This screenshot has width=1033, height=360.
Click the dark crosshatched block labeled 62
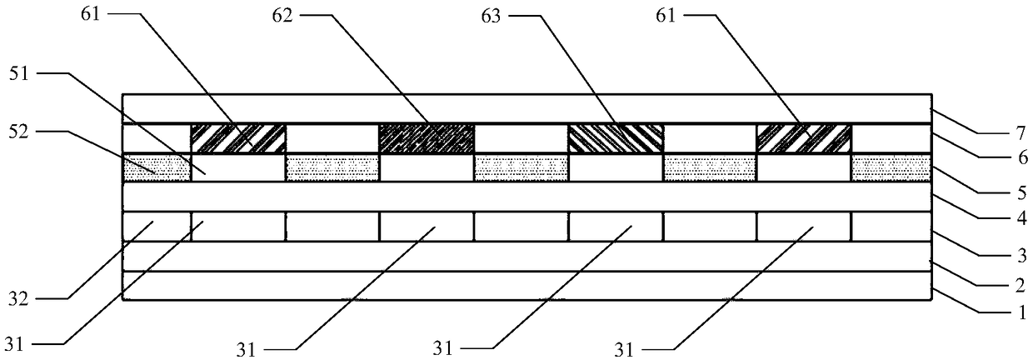click(427, 137)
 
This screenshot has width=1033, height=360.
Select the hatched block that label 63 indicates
click(616, 137)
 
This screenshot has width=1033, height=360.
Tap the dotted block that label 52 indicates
click(157, 167)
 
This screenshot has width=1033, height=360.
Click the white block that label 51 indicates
click(238, 167)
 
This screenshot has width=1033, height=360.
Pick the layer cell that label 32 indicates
click(157, 226)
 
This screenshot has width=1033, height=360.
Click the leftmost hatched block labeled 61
click(238, 137)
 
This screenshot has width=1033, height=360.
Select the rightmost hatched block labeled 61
click(804, 137)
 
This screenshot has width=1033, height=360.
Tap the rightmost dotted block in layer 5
click(891, 167)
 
